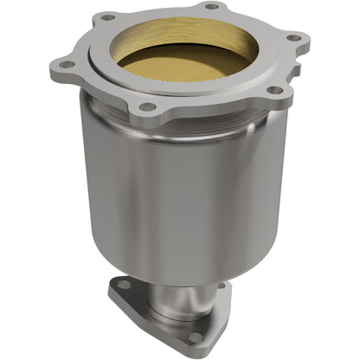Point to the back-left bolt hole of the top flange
pyautogui.click(x=106, y=16)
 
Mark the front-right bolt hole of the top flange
pyautogui.click(x=274, y=89)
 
